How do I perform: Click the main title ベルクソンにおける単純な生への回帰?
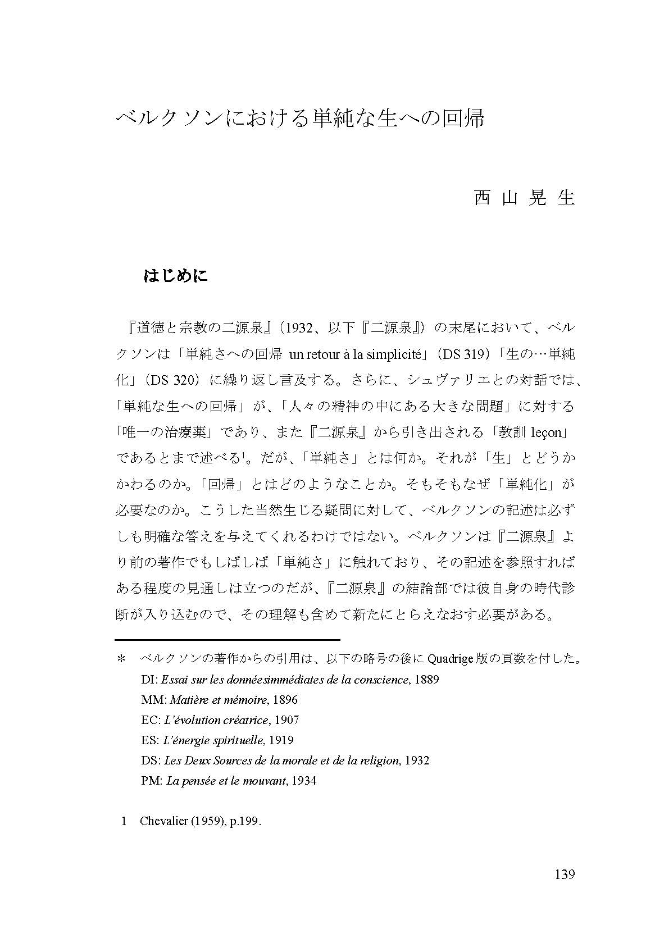coord(299,119)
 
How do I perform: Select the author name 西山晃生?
coord(524,198)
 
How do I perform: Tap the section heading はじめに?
coord(176,276)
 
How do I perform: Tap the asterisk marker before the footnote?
coord(120,659)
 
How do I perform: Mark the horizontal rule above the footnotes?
coord(228,640)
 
